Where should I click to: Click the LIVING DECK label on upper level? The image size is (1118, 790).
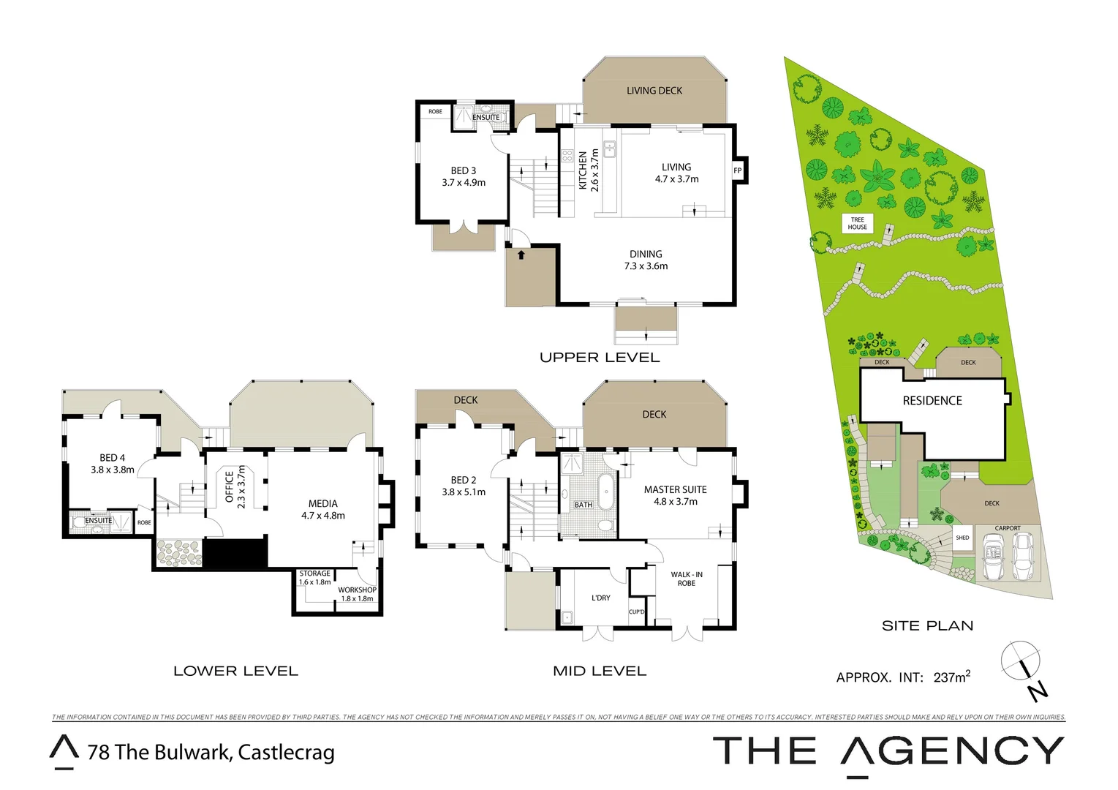coord(654,91)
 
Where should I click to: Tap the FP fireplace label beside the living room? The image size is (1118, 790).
coord(737,171)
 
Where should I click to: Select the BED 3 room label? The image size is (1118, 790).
coord(463,176)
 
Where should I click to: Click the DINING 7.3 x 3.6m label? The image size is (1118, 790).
coord(646,260)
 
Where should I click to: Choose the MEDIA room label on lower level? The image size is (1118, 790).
coord(322,509)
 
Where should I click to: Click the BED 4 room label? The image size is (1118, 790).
coord(112,464)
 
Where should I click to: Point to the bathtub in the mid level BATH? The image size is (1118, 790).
coord(605,491)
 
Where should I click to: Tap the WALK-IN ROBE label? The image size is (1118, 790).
coord(686,579)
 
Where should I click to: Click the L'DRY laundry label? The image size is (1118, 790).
coord(600,598)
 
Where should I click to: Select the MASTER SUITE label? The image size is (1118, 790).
coord(675,495)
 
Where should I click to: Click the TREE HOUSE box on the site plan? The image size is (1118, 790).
coord(857,223)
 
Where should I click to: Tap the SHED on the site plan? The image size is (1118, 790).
coord(962,538)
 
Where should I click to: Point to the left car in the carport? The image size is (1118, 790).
coord(994,557)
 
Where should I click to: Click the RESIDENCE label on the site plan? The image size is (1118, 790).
coord(932,401)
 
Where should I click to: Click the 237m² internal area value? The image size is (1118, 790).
coord(951,677)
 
